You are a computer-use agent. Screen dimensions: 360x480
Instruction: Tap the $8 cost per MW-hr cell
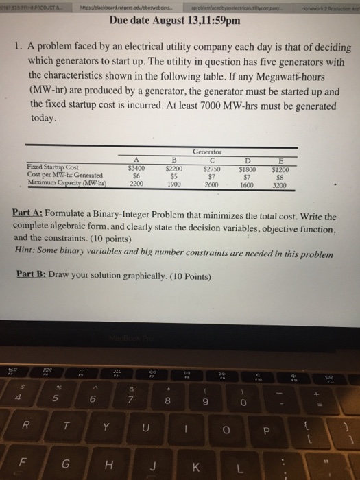[x=317, y=174]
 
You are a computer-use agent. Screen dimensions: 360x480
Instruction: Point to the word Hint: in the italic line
[x=25, y=250]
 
